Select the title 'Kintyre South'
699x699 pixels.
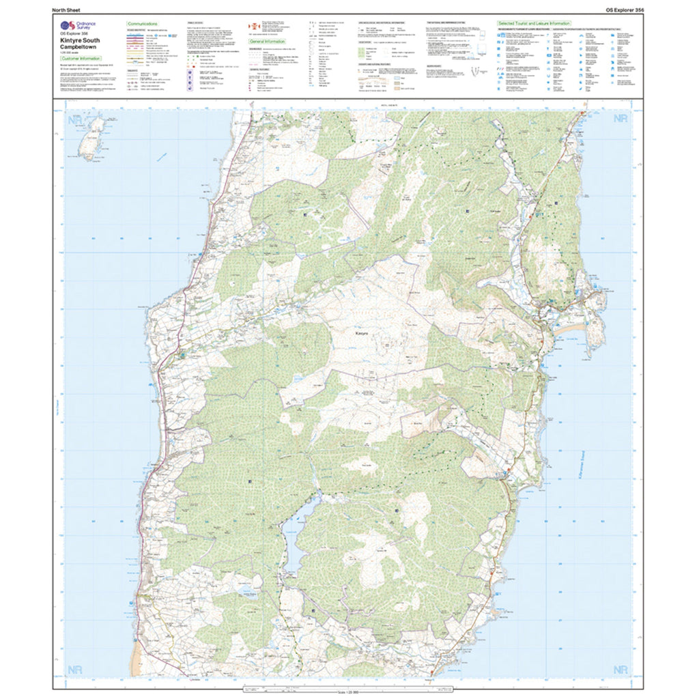click(76, 41)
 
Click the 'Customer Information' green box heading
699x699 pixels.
click(76, 59)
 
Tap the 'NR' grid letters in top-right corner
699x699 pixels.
click(620, 119)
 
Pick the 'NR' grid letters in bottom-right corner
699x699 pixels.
click(620, 670)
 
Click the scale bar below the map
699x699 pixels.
click(349, 691)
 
